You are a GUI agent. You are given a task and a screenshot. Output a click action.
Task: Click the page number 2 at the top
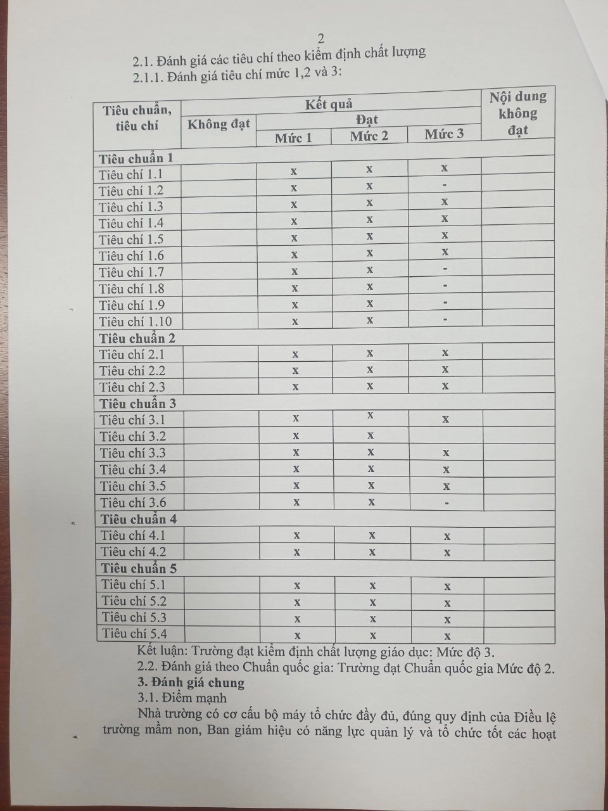(x=320, y=39)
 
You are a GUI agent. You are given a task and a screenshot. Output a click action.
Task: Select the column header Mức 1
(x=293, y=137)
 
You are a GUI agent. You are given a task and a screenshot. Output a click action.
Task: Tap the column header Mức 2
(x=369, y=136)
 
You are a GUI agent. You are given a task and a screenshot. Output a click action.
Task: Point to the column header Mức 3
(x=444, y=134)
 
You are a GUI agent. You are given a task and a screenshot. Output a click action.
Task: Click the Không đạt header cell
(x=218, y=124)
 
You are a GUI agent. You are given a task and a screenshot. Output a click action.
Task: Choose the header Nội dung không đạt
(x=517, y=113)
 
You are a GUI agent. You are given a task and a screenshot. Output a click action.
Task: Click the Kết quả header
(x=329, y=104)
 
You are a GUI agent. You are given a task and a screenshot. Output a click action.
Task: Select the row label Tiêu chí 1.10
(x=136, y=321)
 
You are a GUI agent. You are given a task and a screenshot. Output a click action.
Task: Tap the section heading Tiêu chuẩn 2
(x=137, y=338)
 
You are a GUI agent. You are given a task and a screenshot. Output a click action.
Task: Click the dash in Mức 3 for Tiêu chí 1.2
(x=445, y=185)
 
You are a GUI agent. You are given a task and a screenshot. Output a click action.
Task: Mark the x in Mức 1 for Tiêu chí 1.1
(x=294, y=171)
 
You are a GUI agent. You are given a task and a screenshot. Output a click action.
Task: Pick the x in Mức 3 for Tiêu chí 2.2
(x=446, y=369)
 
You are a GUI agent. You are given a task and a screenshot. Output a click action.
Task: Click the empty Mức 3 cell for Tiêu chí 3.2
(x=446, y=435)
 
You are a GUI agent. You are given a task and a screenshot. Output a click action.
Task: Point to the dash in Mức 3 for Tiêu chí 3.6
(x=447, y=503)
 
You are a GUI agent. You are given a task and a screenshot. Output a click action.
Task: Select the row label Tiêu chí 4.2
(x=133, y=552)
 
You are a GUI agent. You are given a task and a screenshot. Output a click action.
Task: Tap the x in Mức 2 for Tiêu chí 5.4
(x=372, y=635)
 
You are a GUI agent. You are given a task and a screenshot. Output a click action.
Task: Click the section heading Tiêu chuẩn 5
(x=139, y=568)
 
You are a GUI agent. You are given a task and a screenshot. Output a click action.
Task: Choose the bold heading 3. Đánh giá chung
(x=191, y=682)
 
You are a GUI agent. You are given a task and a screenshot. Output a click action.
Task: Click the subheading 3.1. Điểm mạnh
(x=182, y=698)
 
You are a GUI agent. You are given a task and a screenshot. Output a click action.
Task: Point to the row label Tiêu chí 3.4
(x=133, y=469)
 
